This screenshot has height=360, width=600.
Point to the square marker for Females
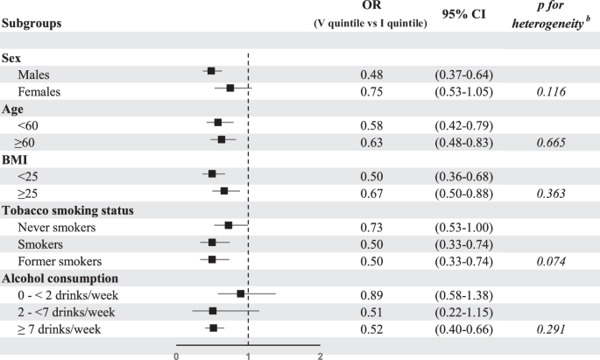(230, 88)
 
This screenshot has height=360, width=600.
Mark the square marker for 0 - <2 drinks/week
(241, 293)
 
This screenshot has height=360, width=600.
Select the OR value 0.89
(371, 293)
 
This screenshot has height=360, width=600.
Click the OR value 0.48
(371, 72)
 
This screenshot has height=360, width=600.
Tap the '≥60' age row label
(29, 140)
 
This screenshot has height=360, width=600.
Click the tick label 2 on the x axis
(321, 355)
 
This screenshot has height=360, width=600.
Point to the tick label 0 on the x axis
(177, 355)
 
